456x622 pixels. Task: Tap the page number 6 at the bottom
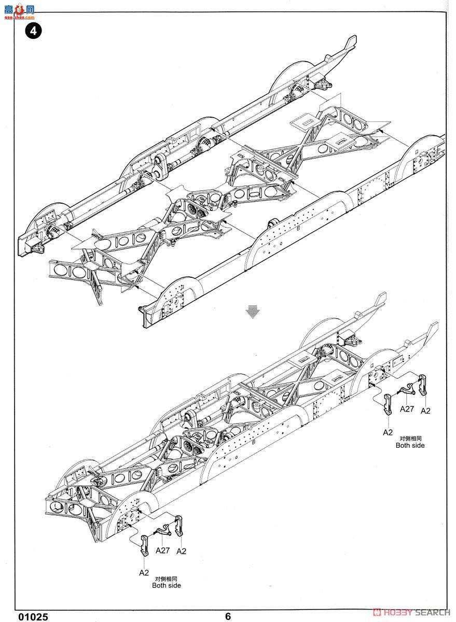point(228,616)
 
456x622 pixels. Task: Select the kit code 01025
point(33,616)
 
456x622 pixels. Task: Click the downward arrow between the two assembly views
point(253,311)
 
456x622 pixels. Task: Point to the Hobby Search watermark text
point(412,612)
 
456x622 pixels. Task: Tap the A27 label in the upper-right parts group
point(407,408)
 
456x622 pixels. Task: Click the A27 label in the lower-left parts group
point(163,550)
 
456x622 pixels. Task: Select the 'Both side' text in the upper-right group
point(410,445)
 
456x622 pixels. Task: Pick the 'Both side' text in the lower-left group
point(167,585)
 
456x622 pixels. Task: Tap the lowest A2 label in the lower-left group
point(144,573)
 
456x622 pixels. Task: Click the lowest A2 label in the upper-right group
point(388,432)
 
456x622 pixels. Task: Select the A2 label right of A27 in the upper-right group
point(425,411)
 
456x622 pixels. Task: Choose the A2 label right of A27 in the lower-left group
point(181,551)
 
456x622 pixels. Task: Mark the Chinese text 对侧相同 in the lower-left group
point(167,578)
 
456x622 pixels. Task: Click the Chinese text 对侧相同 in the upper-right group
point(410,438)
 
